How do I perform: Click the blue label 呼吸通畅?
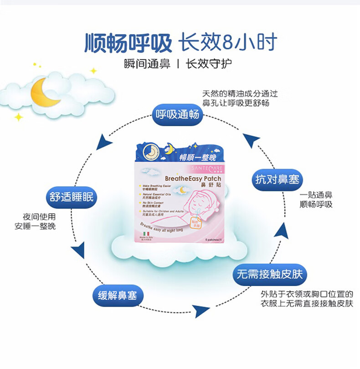pos(178,114)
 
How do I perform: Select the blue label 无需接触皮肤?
pos(269,275)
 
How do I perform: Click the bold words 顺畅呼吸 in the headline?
pos(129,43)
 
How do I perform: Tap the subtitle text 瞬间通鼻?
pos(147,64)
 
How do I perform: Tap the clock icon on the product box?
pos(150,152)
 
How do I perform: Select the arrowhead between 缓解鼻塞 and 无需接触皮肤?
pos(200,311)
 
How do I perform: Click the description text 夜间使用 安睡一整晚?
pos(40,221)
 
